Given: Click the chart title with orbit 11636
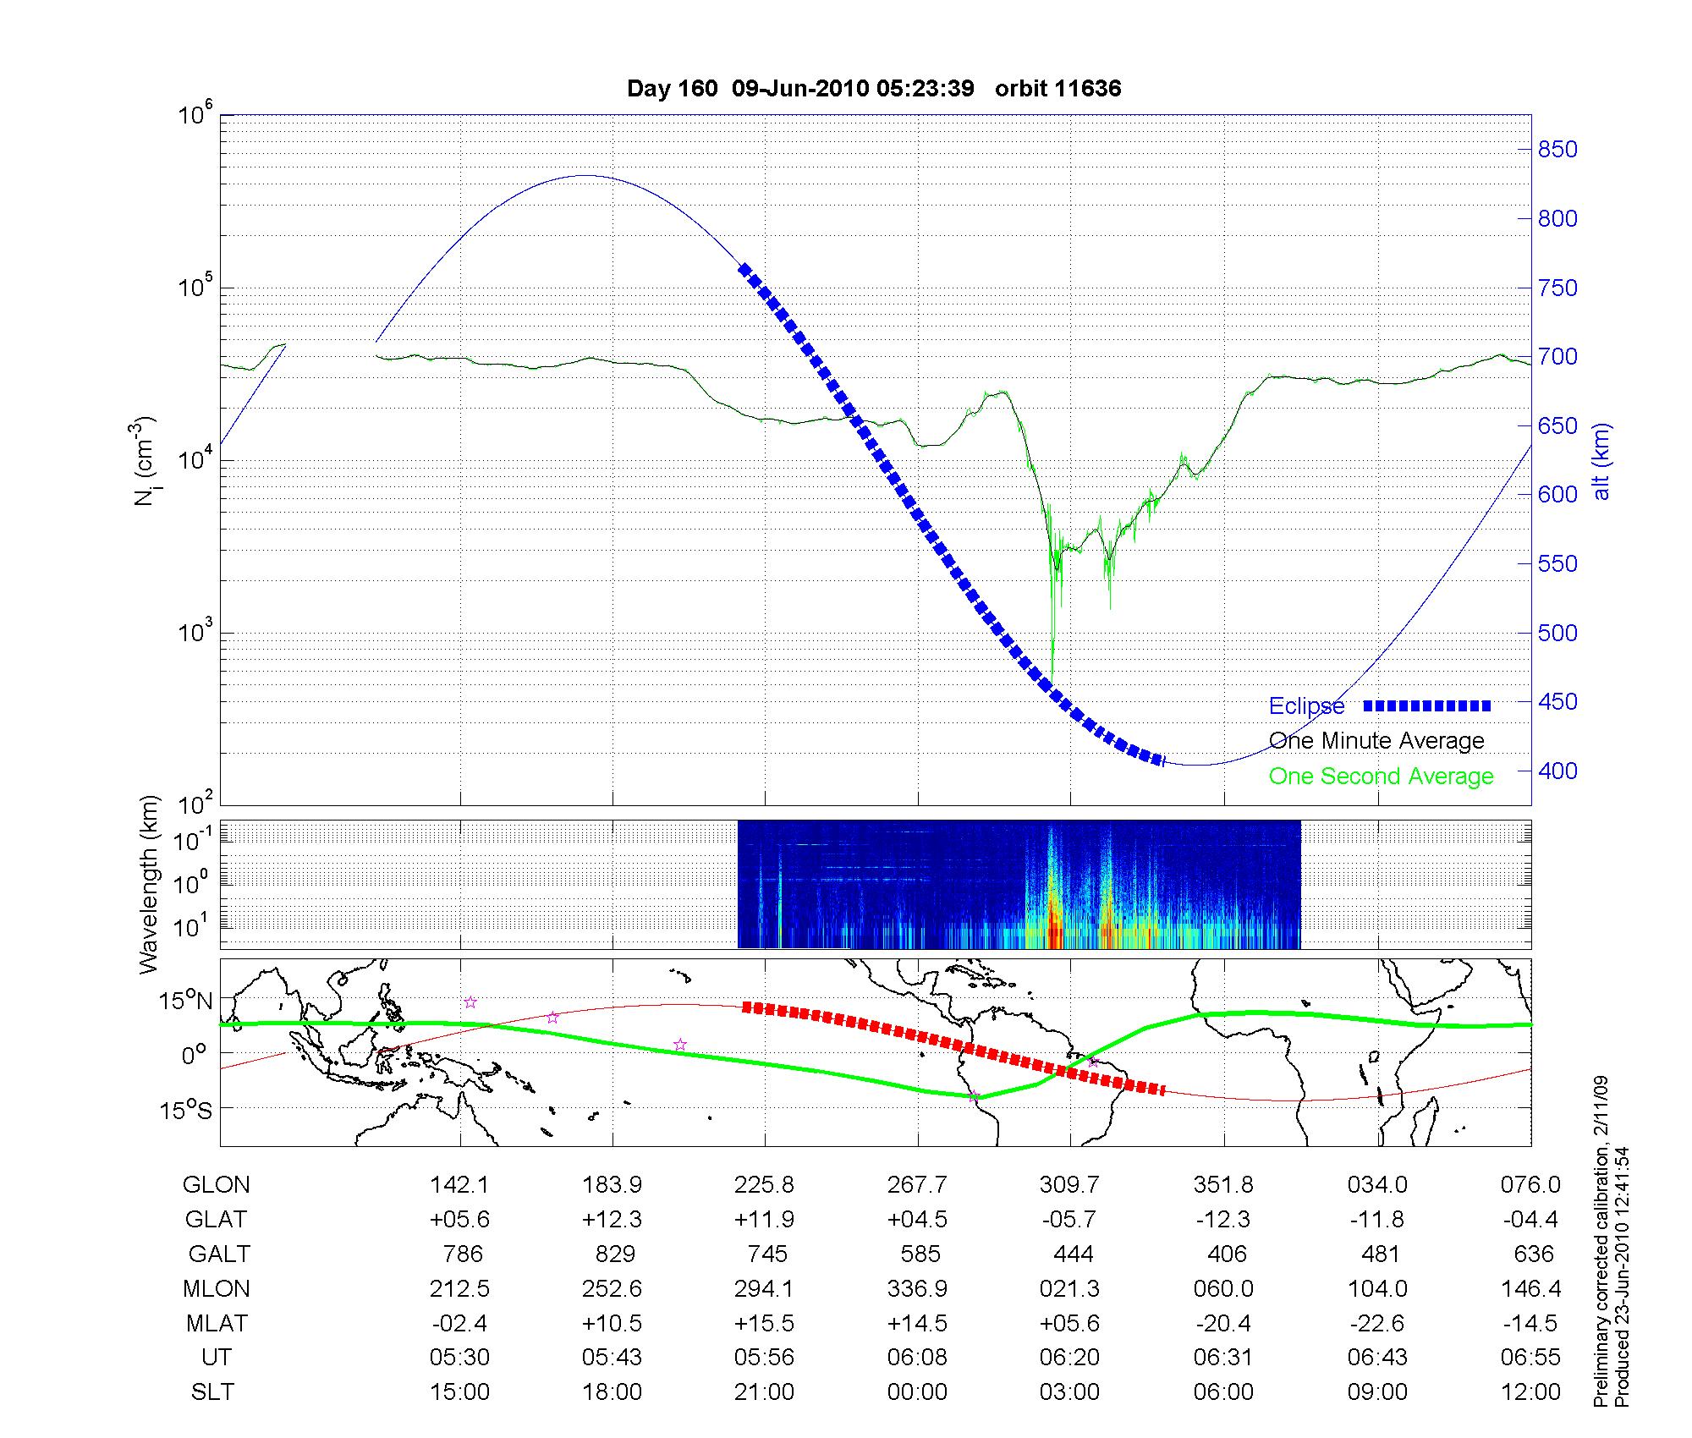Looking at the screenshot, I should [x=874, y=89].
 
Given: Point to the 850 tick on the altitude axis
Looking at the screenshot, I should [x=1557, y=150].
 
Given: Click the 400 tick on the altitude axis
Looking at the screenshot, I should [x=1557, y=771].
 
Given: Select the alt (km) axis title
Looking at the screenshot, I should [x=1601, y=461].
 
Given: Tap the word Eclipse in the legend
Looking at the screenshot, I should [x=1306, y=706].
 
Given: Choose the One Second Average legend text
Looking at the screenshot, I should [x=1381, y=777].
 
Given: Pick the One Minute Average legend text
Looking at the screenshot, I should [x=1376, y=741].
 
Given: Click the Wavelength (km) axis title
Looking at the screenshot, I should [x=150, y=884].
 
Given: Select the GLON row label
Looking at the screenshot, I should [x=217, y=1185].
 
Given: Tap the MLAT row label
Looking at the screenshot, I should [x=217, y=1323].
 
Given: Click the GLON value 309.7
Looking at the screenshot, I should [x=1070, y=1185].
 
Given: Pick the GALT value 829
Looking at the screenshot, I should [x=614, y=1254].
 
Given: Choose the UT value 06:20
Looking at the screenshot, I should [x=1070, y=1358].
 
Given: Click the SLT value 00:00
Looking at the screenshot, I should [x=917, y=1392].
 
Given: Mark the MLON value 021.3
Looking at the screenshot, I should [x=1070, y=1289].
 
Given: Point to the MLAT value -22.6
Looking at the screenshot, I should [x=1377, y=1323].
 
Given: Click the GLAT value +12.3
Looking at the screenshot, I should [x=612, y=1220].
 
